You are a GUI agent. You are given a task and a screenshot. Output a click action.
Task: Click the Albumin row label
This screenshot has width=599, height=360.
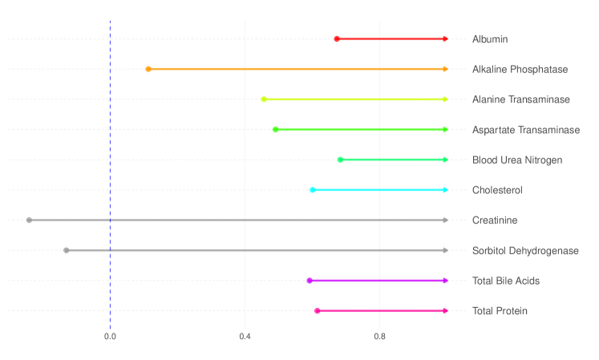coord(489,39)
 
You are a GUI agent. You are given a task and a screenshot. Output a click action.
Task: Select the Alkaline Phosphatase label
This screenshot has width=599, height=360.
coord(520,70)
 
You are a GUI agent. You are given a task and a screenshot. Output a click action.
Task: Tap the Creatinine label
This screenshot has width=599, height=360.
coord(494,220)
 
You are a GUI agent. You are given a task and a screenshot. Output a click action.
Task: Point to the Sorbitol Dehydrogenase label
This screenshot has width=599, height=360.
coord(524,250)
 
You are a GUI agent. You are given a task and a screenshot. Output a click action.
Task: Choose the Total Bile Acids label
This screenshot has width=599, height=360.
coord(505,281)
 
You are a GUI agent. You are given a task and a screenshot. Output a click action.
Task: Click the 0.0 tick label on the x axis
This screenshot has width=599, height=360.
coord(110,336)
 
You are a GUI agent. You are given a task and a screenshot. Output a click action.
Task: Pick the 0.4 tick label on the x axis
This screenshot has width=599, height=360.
coord(245,336)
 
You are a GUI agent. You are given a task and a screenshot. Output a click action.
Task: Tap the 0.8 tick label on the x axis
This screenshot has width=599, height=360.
coord(379,336)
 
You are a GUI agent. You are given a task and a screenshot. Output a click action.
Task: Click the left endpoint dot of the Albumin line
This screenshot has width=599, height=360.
coord(337,39)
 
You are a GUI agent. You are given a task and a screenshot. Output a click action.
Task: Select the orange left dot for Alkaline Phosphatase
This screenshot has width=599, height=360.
coord(148,69)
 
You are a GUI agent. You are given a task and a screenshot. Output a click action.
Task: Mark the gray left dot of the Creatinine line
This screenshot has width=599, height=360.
coord(29,220)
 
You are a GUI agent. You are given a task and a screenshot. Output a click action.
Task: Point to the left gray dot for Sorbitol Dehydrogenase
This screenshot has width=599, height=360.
coord(66,250)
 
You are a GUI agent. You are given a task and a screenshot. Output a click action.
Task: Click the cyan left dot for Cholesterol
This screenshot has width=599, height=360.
coord(312,190)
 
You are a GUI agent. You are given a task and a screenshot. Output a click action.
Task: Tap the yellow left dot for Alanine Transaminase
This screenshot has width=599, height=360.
coord(264,99)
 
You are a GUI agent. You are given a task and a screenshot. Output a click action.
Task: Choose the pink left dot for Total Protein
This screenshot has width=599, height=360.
coord(318,310)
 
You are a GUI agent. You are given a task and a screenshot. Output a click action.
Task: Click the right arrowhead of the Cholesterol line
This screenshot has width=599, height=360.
coord(445,190)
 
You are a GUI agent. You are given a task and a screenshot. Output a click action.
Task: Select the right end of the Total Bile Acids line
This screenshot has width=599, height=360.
coord(445,281)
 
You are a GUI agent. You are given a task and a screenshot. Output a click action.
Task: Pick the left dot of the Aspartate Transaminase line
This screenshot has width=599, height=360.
coord(275,129)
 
